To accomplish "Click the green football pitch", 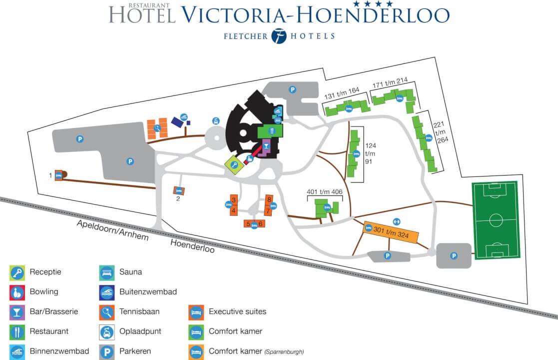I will coord(496,220).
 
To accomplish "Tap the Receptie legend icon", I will coord(16,272).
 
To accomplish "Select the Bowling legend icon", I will coord(16,291).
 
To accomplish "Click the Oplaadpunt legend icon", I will coord(106,331).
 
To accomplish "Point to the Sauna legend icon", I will coord(106,272).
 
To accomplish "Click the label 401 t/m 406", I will coord(324,191).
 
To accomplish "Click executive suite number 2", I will coord(178,190).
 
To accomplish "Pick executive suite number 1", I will coord(59,175).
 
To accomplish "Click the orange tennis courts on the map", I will coord(157,128).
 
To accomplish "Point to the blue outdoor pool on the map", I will coord(177,121).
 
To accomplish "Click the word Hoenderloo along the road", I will coord(193,245).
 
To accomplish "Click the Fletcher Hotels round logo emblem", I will coord(279,36).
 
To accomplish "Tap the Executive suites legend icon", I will coord(196,311).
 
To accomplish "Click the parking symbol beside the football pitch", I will coord(454,256).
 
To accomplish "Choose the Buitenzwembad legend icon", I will coord(106,291).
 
